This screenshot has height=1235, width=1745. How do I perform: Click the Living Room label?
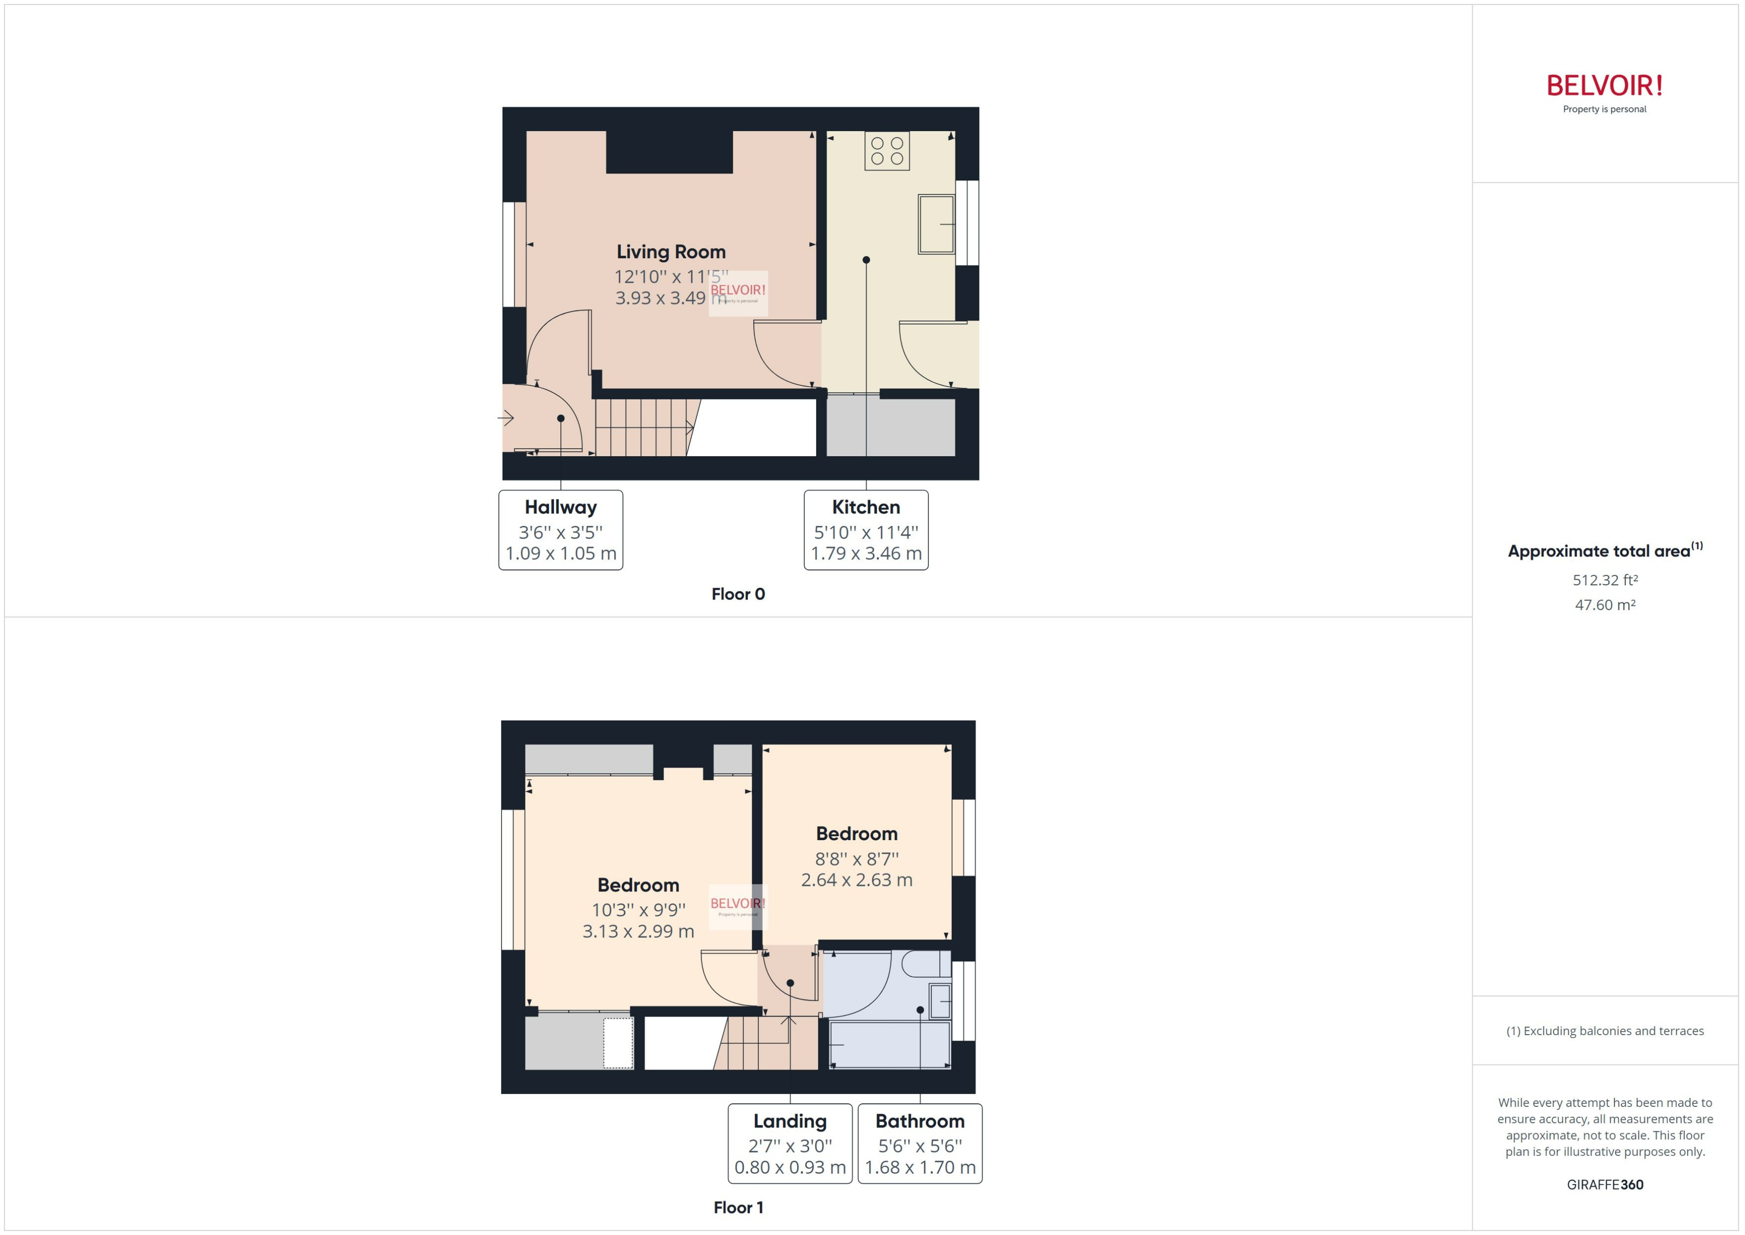pos(671,252)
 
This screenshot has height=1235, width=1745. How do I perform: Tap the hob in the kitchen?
pos(886,151)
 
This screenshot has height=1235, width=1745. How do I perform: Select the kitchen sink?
pos(935,223)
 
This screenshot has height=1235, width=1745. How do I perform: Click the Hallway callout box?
pos(560,530)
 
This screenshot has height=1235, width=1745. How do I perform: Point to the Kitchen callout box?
pos(866,530)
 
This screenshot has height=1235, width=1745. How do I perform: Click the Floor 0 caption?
pos(737,594)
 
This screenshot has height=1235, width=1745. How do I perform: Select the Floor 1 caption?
pos(737,1208)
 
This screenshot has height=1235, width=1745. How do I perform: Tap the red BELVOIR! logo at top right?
pos(1604,86)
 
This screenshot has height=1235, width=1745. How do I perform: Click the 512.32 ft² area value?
pos(1604,580)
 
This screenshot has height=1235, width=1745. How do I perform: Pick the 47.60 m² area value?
pos(1604,605)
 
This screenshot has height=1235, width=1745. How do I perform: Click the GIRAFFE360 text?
pos(1604,1185)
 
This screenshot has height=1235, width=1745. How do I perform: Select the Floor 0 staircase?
pos(643,427)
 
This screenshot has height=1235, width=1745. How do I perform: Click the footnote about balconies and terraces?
pos(1604,1031)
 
